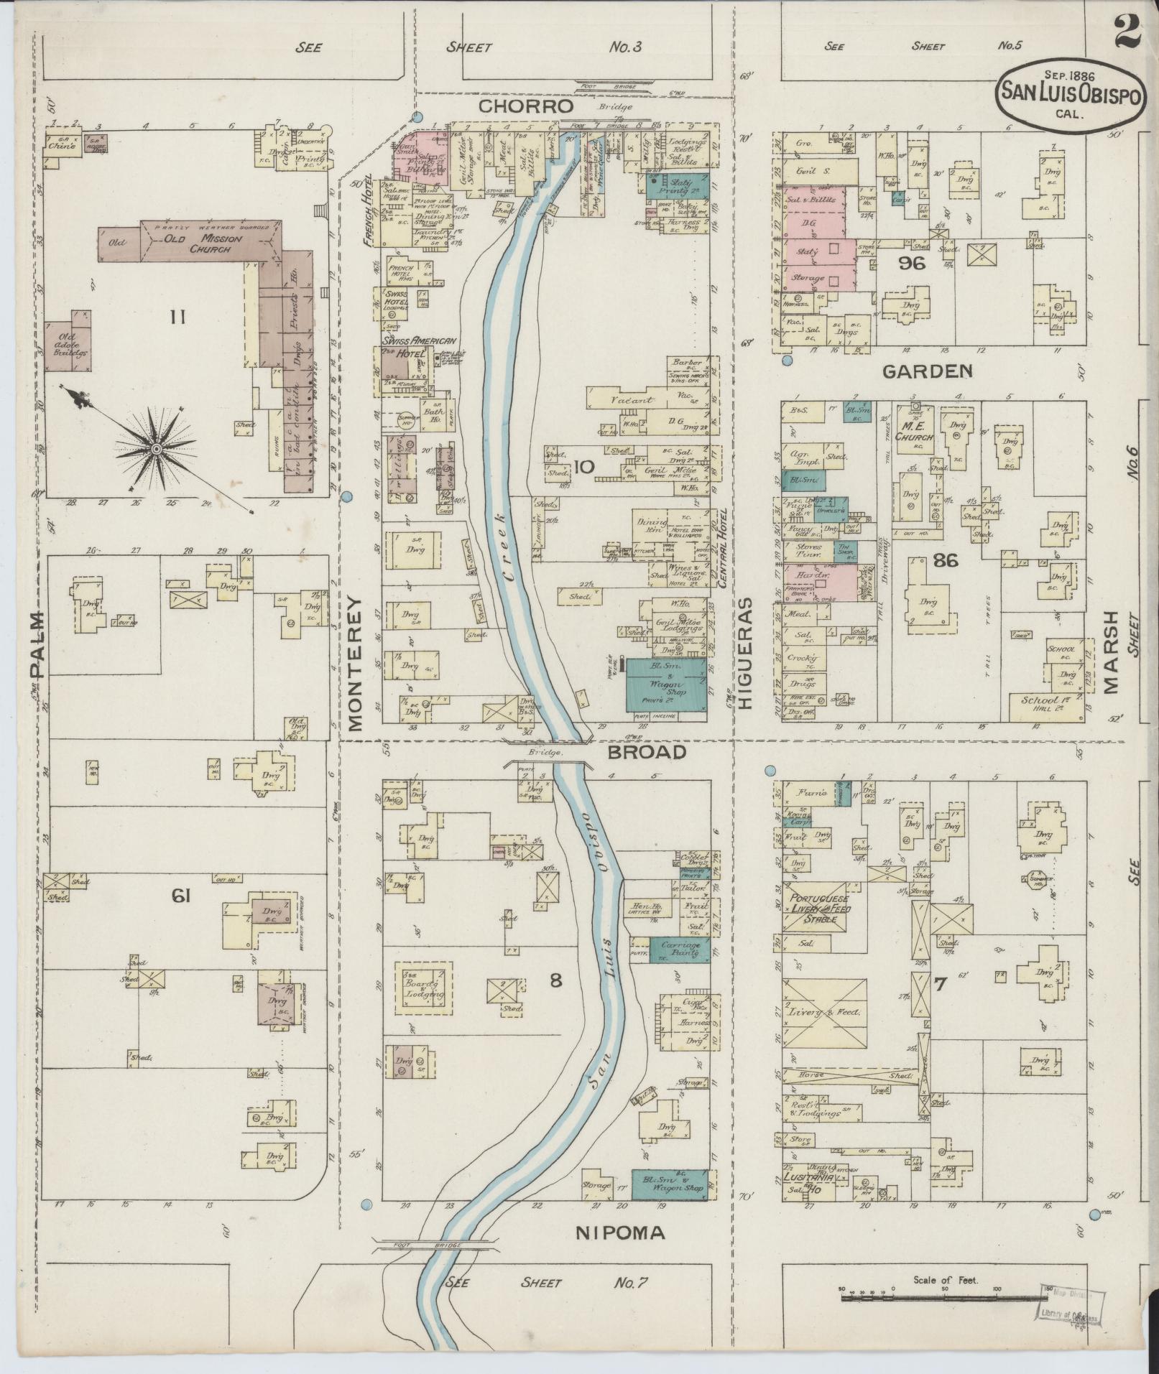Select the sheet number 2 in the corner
(1130, 32)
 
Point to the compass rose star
(154, 449)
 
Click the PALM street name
(37, 644)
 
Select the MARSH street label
(1111, 651)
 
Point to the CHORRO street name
(526, 106)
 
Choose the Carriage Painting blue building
(680, 950)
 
